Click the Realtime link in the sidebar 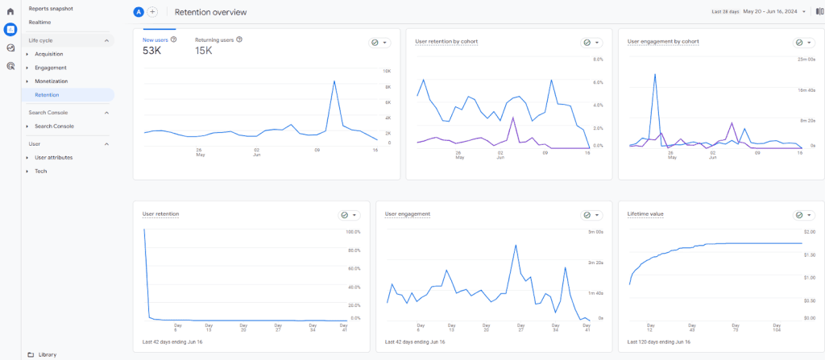(40, 22)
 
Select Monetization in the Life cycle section (51, 81)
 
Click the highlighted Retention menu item (47, 95)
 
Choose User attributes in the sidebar (53, 157)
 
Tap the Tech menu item (40, 171)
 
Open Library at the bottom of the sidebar (47, 354)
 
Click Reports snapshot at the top (51, 8)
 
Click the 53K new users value (152, 51)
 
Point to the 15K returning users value (204, 51)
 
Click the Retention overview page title (211, 12)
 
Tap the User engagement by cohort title (663, 41)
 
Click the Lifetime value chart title (645, 213)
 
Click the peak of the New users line (333, 79)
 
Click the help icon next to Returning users (240, 39)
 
